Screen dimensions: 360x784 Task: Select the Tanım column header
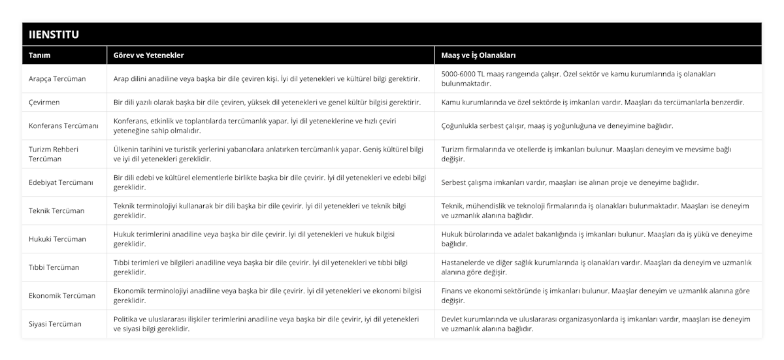41,56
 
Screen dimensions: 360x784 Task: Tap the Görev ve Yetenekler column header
148,56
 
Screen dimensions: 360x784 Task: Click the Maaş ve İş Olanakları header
485,56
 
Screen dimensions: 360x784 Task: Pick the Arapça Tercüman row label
57,78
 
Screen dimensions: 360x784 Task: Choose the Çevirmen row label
46,103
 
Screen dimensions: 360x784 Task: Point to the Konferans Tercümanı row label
63,125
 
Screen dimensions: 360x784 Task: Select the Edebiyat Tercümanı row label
61,182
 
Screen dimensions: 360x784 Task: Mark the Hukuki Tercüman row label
57,238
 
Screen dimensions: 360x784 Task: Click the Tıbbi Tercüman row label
54,267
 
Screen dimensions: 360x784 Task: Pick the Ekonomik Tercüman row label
62,295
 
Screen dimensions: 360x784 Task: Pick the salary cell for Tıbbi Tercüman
596,267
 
